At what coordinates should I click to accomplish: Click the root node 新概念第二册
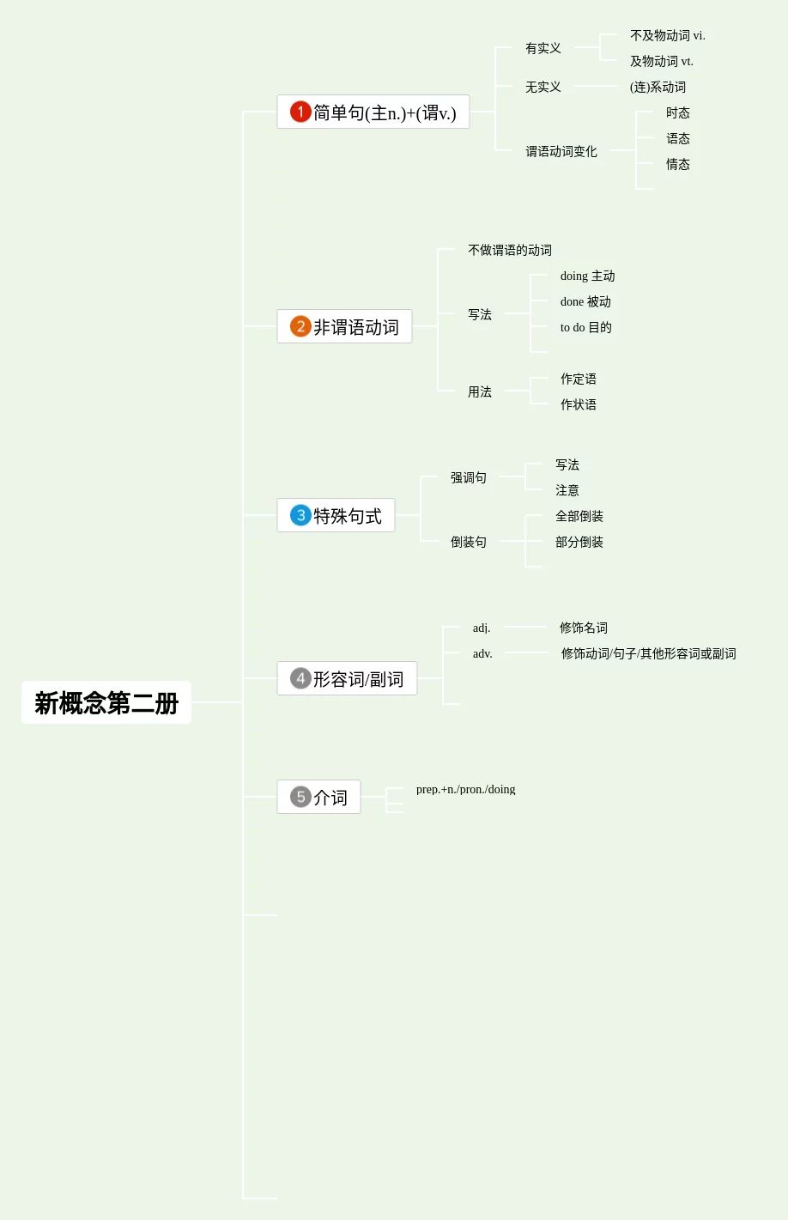pyautogui.click(x=106, y=703)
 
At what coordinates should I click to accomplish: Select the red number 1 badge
pyautogui.click(x=300, y=112)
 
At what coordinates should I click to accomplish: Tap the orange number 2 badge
pyautogui.click(x=300, y=326)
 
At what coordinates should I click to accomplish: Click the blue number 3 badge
pyautogui.click(x=300, y=515)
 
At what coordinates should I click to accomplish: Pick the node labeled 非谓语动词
pyautogui.click(x=355, y=327)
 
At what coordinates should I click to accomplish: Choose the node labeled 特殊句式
pyautogui.click(x=347, y=516)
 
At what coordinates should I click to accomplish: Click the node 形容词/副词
pyautogui.click(x=358, y=679)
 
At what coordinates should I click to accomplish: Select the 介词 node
pyautogui.click(x=330, y=798)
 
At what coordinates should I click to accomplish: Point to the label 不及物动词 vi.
pyautogui.click(x=667, y=35)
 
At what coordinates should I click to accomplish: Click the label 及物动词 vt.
pyautogui.click(x=661, y=61)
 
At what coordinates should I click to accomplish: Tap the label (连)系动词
pyautogui.click(x=658, y=87)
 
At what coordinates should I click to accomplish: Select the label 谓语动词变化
pyautogui.click(x=561, y=151)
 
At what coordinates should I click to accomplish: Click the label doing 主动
pyautogui.click(x=587, y=276)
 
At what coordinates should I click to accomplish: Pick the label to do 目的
pyautogui.click(x=585, y=327)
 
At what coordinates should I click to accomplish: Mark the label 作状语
pyautogui.click(x=578, y=404)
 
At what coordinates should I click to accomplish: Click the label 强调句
pyautogui.click(x=468, y=477)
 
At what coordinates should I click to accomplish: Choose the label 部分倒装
pyautogui.click(x=579, y=542)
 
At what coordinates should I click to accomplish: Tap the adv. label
pyautogui.click(x=482, y=653)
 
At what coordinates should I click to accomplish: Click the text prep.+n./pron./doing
pyautogui.click(x=465, y=789)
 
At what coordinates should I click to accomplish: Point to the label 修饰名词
pyautogui.click(x=583, y=628)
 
